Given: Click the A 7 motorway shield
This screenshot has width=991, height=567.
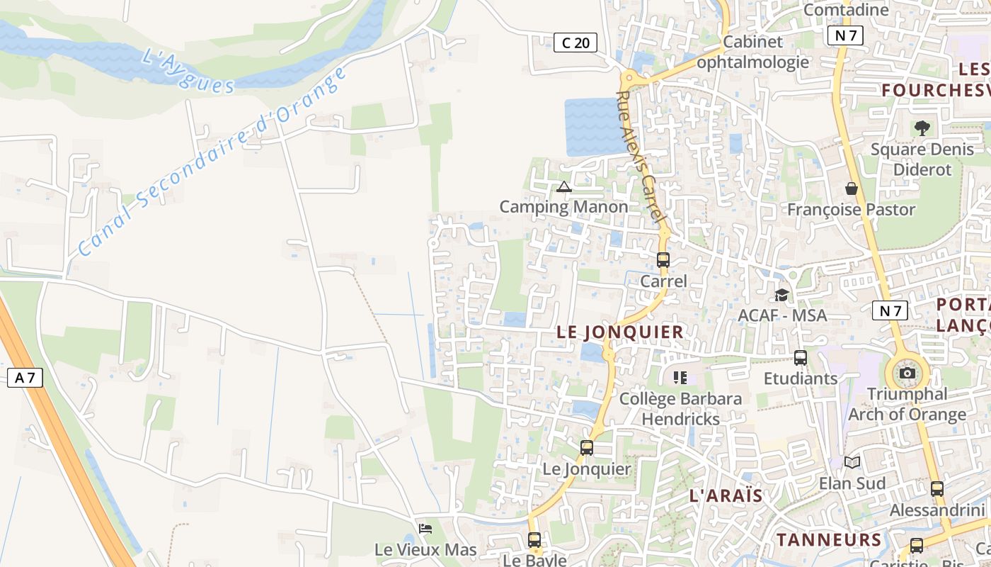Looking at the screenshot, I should click(x=25, y=378).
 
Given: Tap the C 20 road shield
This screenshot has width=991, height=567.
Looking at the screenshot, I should click(x=575, y=43).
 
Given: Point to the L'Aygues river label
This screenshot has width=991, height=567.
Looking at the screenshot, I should click(x=188, y=71).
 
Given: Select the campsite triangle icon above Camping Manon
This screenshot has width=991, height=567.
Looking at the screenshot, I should click(x=563, y=187).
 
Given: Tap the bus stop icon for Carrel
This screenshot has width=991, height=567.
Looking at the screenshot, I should click(x=663, y=259).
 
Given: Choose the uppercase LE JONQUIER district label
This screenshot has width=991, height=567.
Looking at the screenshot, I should click(x=620, y=332).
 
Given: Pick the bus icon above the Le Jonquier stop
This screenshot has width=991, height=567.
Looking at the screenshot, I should click(x=587, y=447).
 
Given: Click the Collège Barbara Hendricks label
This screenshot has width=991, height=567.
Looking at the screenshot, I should click(x=680, y=408).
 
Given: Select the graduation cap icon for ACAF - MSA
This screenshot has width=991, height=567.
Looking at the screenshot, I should click(x=781, y=294).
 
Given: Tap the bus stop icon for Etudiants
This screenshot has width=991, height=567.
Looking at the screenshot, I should click(x=801, y=358).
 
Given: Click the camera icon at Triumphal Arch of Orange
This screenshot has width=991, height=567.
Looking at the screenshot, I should click(x=907, y=373).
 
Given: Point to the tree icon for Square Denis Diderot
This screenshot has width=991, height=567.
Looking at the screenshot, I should click(x=922, y=128).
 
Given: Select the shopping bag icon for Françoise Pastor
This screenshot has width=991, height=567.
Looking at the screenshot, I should click(x=852, y=189).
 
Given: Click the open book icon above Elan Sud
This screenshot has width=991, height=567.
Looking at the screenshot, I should click(x=852, y=462).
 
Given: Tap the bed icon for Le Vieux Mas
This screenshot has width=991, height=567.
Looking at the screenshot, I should click(x=425, y=529).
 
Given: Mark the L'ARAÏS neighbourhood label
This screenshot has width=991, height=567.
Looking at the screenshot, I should click(x=726, y=495).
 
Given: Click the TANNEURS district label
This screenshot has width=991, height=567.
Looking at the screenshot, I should click(x=829, y=539).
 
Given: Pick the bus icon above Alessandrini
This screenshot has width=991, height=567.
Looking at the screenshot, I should click(x=937, y=488).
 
